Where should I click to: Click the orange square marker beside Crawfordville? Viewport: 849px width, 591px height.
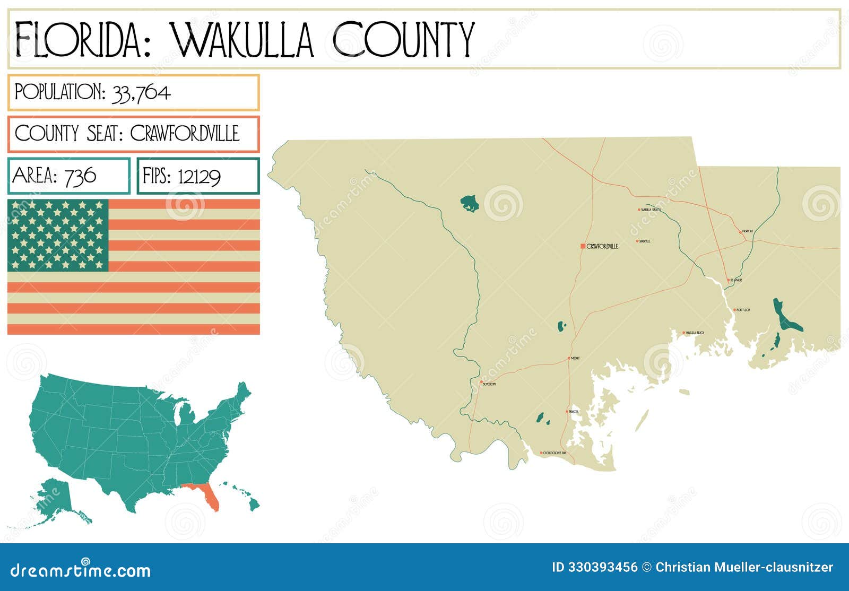583,246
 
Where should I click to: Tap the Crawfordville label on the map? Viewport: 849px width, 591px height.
603,246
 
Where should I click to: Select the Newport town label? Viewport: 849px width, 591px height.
748,231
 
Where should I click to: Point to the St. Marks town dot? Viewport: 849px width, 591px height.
728,280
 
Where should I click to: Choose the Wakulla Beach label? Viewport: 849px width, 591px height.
695,333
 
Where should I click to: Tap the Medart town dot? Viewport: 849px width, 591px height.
569,358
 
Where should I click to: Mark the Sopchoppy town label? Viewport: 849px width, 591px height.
489,384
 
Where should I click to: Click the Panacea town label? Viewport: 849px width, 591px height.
573,412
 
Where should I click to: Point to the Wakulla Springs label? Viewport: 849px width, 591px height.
651,210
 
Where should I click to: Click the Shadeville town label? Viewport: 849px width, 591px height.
645,241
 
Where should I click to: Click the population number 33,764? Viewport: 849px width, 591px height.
141,93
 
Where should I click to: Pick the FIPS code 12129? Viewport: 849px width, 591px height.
199,176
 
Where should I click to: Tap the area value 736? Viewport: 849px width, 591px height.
80,176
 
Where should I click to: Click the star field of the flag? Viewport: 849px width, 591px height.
58,235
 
